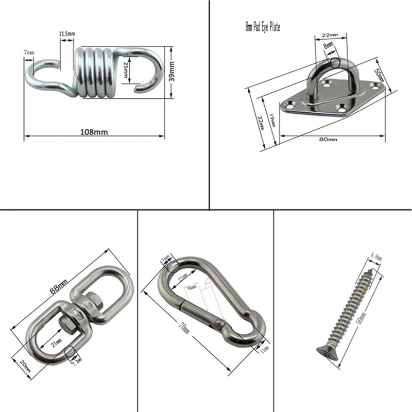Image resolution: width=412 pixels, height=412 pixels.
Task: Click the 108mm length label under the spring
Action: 94,132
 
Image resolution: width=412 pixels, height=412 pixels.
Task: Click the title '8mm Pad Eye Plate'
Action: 263,25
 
